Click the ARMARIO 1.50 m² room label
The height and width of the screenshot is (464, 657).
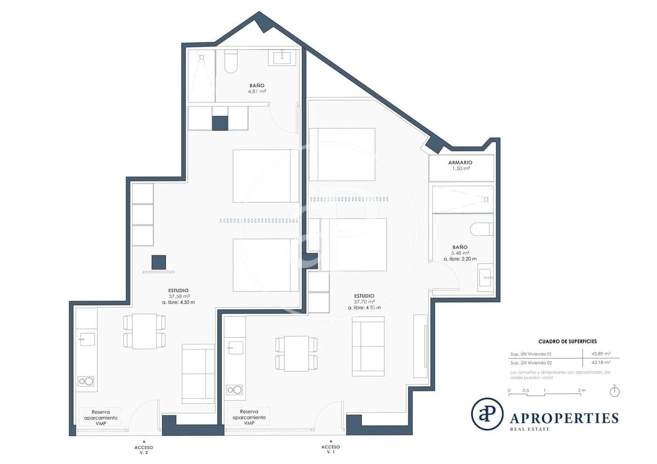tap(460, 165)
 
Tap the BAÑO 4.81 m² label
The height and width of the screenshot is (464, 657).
tap(257, 89)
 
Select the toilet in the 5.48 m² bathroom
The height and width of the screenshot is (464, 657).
tap(481, 229)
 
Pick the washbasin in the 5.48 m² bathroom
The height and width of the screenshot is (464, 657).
tap(485, 277)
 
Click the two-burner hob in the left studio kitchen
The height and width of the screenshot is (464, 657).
tap(86, 381)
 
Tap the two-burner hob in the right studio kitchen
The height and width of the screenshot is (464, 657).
tap(234, 389)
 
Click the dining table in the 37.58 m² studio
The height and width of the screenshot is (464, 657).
tap(144, 331)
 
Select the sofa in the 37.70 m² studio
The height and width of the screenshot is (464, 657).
tap(368, 346)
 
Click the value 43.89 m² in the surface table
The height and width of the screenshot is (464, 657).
tap(601, 354)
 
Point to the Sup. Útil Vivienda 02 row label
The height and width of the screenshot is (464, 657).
tap(531, 363)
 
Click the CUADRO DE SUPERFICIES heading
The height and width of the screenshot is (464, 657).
tap(567, 342)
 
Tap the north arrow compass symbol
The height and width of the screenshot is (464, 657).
tap(614, 391)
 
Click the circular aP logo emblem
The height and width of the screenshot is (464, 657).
tap(487, 414)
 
